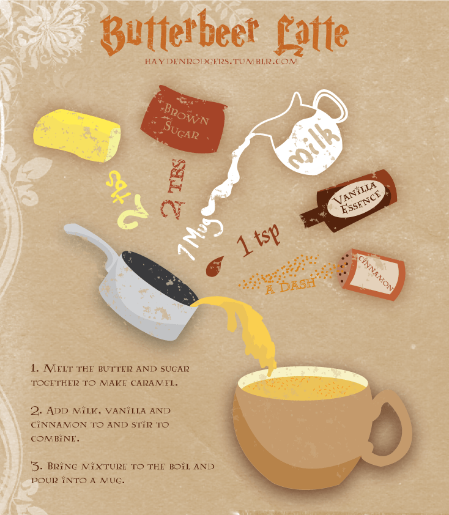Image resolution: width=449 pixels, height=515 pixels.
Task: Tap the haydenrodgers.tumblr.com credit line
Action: click(221, 61)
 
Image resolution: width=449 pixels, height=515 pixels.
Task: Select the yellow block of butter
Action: click(77, 135)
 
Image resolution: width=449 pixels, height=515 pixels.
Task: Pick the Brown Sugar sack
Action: click(184, 119)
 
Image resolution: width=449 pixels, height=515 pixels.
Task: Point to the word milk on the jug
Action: click(314, 145)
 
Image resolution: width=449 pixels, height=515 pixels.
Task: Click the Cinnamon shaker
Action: click(371, 274)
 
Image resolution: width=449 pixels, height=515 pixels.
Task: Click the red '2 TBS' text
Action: click(174, 189)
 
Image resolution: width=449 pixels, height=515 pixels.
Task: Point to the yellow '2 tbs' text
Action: click(127, 199)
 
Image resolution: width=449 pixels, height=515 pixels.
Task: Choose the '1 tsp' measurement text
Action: click(259, 240)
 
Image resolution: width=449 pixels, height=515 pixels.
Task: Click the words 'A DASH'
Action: click(291, 286)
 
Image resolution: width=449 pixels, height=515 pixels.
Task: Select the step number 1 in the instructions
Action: click(35, 368)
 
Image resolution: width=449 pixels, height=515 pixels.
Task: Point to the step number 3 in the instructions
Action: click(37, 466)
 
